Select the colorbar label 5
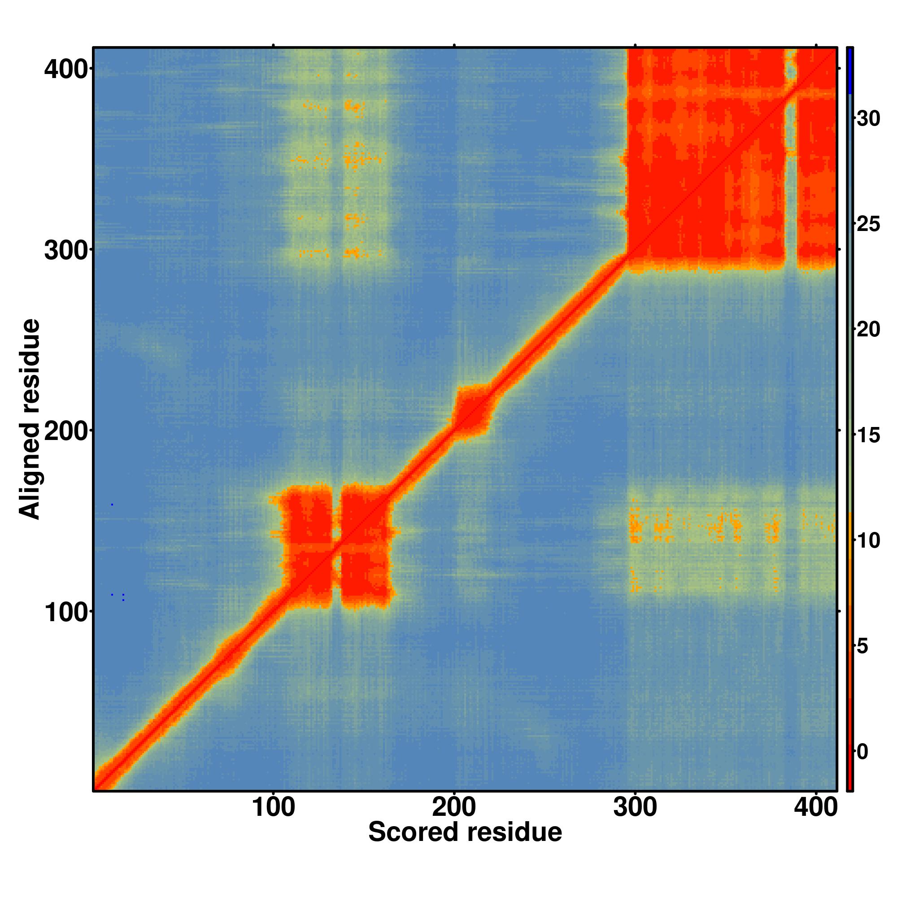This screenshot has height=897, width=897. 862,647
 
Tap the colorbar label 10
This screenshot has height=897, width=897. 868,541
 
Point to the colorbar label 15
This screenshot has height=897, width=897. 868,435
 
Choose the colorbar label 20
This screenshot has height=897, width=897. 868,330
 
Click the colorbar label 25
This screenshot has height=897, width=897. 868,225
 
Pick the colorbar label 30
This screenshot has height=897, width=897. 868,119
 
